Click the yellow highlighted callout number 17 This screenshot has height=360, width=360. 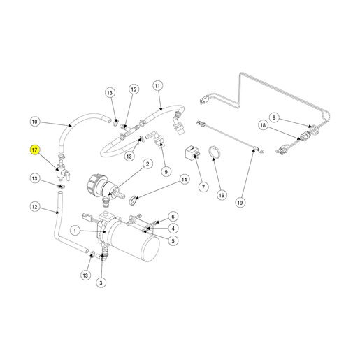34,150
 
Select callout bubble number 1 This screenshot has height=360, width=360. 75,231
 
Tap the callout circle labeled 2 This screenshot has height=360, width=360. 147,164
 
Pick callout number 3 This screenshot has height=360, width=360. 101,283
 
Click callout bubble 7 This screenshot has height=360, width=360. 203,187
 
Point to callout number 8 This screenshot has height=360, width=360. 274,117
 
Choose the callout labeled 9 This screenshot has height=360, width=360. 166,172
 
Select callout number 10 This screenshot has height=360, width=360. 34,122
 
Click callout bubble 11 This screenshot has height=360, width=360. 157,86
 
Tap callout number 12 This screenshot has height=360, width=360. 34,207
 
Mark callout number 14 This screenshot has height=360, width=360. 185,180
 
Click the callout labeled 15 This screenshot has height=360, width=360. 134,89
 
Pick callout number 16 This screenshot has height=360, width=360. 222,195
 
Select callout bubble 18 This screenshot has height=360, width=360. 263,125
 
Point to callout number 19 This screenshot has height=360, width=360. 240,203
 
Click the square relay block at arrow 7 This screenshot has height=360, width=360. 191,152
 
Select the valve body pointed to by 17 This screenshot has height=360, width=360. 62,172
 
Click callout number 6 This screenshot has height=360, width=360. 173,217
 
